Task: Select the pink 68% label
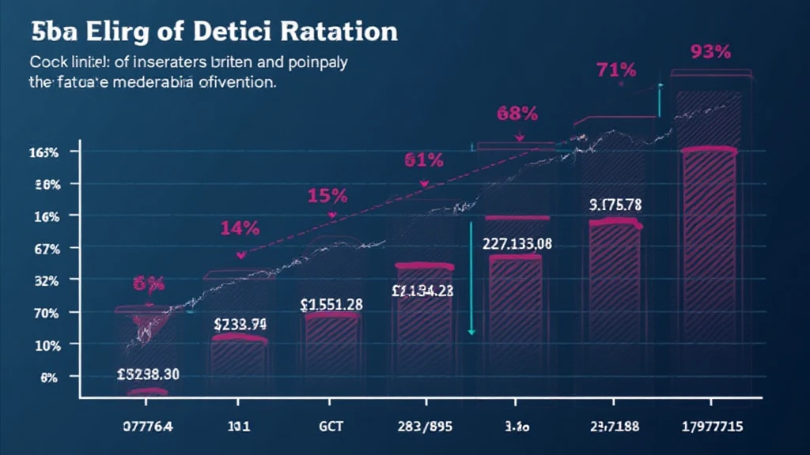click(x=517, y=113)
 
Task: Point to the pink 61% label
click(x=423, y=160)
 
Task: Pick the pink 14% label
click(x=239, y=229)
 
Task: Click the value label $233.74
click(x=240, y=323)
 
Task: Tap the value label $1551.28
click(x=331, y=304)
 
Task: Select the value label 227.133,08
click(x=517, y=244)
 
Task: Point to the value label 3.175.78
click(x=615, y=205)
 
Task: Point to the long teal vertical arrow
click(x=471, y=276)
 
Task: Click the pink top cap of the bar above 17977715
click(x=709, y=150)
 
